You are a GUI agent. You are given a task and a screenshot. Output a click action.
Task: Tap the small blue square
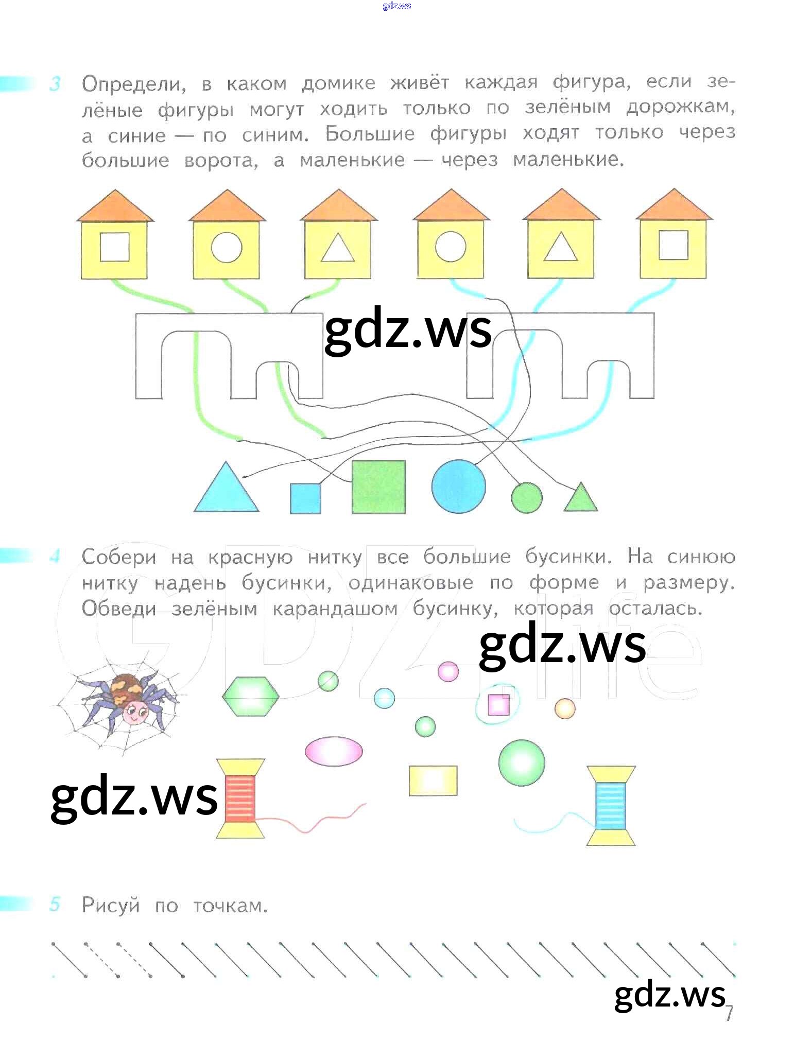305,498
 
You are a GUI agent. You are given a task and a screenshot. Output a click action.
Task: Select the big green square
378,487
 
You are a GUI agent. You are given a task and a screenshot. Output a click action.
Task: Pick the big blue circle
458,487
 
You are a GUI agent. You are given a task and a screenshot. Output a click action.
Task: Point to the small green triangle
581,497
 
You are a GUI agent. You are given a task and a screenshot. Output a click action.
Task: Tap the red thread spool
240,799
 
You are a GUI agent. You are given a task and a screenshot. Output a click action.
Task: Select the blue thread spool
611,806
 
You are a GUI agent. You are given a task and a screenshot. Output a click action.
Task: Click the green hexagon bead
251,696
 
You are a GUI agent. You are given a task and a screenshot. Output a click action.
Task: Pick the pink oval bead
334,751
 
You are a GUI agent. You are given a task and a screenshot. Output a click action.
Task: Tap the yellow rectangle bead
433,781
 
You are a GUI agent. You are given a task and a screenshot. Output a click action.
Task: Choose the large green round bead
522,762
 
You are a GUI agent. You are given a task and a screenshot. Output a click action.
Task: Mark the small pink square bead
498,705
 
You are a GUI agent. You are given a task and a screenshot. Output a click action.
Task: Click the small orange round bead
565,708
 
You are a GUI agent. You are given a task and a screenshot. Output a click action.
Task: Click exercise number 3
55,84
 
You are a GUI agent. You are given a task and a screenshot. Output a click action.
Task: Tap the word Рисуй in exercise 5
111,905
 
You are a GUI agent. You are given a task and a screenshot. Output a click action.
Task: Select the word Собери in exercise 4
119,557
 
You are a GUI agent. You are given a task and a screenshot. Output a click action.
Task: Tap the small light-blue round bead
384,698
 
